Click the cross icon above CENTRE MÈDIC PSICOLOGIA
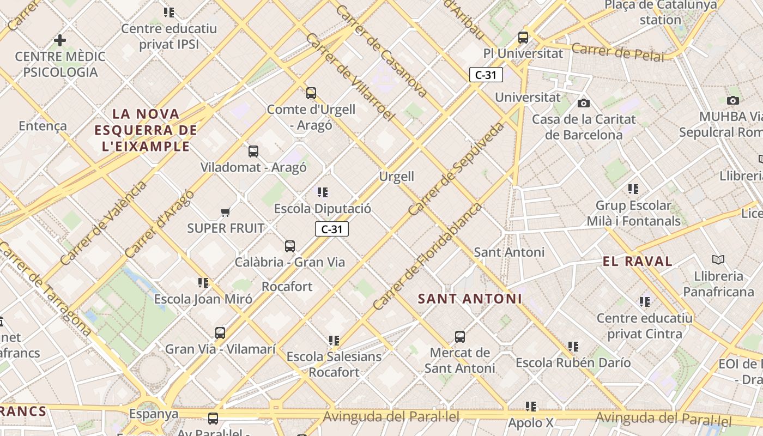(x=60, y=40)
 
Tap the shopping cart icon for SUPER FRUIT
(x=225, y=212)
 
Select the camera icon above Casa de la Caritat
(x=584, y=103)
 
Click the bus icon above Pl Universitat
(x=523, y=38)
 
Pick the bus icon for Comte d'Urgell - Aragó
(x=311, y=93)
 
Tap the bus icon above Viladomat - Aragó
(x=253, y=152)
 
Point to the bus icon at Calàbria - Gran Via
(x=290, y=246)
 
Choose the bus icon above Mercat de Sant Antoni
(x=460, y=337)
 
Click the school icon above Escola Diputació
(x=323, y=192)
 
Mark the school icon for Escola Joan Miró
(x=203, y=283)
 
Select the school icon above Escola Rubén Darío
(x=573, y=347)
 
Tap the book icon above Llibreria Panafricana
(x=718, y=260)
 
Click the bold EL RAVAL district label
(x=637, y=261)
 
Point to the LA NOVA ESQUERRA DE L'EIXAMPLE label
(x=146, y=130)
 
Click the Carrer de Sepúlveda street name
(x=457, y=168)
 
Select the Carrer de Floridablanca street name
(x=428, y=256)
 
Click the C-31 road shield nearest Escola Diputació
(x=331, y=229)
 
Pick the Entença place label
(x=43, y=126)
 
